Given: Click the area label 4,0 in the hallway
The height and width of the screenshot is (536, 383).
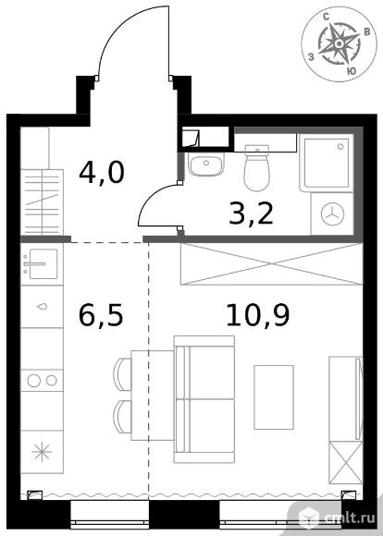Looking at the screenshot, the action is point(102,173).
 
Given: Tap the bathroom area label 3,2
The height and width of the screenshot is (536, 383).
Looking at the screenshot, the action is point(252,214).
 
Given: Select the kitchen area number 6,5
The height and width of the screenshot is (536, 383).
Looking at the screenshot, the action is point(101,315).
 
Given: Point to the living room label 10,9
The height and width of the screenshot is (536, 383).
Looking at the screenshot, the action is point(258,315).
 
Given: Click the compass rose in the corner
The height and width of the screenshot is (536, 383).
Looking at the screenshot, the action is point(339,43).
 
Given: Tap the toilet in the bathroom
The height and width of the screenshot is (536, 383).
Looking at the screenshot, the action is point(256,168).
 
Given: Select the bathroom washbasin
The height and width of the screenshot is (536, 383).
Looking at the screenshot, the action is point(206,164).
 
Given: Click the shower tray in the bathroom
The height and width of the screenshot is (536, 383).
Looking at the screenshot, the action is point(327,163).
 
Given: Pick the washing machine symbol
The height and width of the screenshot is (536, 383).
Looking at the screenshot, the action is point(332,214).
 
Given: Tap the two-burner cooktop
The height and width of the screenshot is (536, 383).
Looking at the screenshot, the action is point(43,381).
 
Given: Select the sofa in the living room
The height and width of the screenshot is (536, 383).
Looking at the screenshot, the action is point(204,399).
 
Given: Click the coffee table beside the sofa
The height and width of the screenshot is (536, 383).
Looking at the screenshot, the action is point(274,397).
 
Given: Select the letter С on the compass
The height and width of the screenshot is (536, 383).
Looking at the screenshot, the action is point(327,16).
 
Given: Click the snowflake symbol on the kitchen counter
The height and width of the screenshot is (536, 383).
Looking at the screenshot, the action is point(42,452).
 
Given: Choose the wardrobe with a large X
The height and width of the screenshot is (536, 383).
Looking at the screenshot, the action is point(272,264).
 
